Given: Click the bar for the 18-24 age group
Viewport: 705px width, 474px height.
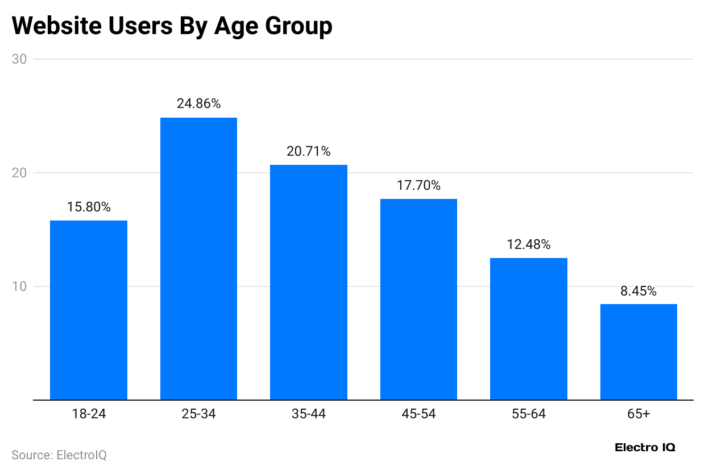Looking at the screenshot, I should click(x=89, y=310).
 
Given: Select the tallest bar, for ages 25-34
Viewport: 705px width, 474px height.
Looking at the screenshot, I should click(x=198, y=259).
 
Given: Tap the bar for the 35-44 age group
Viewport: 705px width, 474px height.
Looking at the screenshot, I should click(x=309, y=282).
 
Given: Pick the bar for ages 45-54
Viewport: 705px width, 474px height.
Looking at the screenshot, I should click(x=418, y=299).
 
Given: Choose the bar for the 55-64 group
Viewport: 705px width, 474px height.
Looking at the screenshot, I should click(x=529, y=329).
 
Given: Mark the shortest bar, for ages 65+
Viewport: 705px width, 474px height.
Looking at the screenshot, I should click(x=638, y=352).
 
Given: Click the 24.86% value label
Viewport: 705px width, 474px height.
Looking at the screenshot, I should click(x=198, y=104).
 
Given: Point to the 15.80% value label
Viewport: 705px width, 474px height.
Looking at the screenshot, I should click(x=89, y=207).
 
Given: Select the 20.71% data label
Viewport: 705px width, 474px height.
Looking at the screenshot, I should click(x=309, y=152).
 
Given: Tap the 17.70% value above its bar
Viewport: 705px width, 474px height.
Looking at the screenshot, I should click(x=418, y=186).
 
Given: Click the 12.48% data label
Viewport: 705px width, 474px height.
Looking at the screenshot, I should click(x=529, y=245).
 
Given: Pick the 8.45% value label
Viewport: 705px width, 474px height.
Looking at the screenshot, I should click(x=638, y=292).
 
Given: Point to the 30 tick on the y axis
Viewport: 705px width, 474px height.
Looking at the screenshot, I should click(x=22, y=59).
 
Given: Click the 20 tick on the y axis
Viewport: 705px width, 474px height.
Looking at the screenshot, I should click(x=22, y=173).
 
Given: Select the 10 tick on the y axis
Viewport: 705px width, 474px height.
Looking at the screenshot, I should click(x=22, y=286).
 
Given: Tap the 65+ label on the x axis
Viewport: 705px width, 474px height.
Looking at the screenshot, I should click(x=638, y=414).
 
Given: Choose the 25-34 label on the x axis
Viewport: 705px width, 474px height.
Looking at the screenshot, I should click(x=198, y=414).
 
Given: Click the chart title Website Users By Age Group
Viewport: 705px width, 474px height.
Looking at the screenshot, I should click(x=172, y=26).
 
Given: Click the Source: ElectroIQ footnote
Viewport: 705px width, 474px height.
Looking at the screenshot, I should click(x=59, y=455).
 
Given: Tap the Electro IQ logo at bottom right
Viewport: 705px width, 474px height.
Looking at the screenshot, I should click(x=645, y=448).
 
